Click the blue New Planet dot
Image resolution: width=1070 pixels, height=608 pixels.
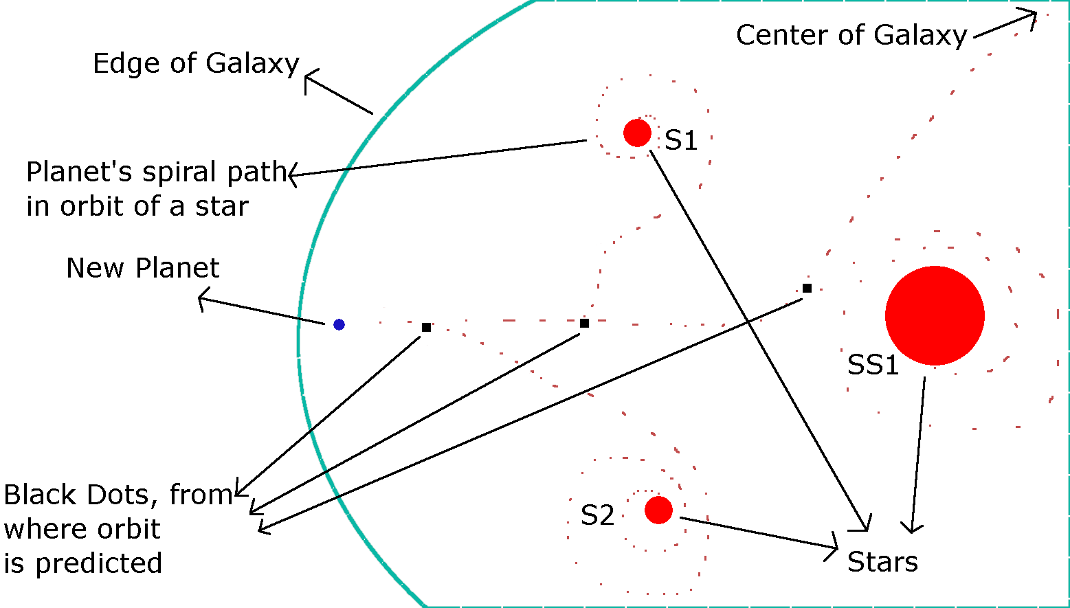click(339, 324)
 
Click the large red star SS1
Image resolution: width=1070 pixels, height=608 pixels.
click(935, 315)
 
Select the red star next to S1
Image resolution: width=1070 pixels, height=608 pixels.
click(637, 133)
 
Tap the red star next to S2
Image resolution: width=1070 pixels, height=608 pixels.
click(658, 510)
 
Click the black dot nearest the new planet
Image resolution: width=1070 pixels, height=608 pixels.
click(426, 327)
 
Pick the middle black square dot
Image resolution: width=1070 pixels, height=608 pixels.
click(584, 323)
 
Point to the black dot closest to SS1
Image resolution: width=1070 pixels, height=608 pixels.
click(807, 288)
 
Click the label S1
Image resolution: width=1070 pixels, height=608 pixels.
click(680, 140)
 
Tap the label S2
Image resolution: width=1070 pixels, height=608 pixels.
click(597, 515)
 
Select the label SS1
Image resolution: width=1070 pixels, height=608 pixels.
click(873, 365)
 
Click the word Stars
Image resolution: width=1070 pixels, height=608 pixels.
click(882, 562)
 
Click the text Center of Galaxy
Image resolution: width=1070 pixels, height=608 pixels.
click(851, 35)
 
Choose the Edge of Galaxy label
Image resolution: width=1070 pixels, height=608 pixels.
click(196, 64)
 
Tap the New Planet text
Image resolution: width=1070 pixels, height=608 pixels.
click(143, 268)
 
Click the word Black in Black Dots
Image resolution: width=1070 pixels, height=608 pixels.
click(41, 495)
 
